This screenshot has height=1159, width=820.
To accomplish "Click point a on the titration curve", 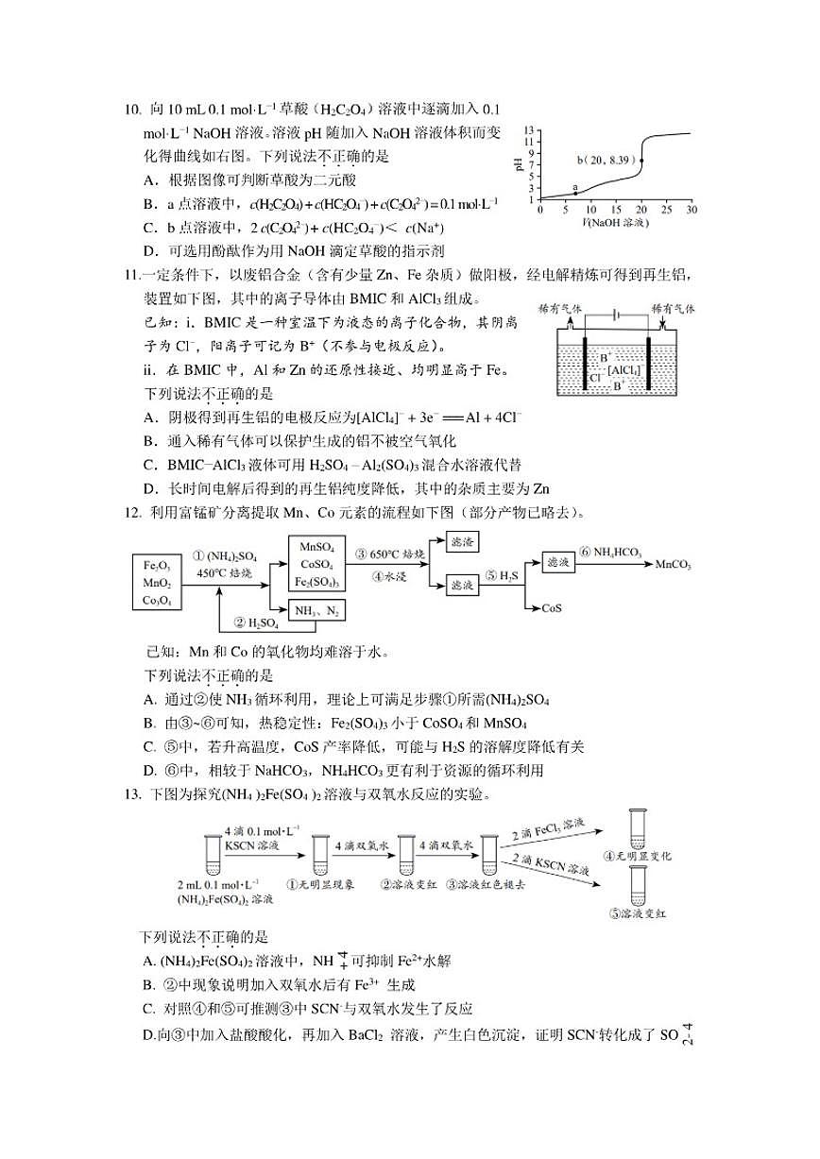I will pyautogui.click(x=575, y=194).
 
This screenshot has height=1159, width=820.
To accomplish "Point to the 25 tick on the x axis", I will pyautogui.click(x=666, y=209).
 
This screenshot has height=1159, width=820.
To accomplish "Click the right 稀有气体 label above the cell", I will pyautogui.click(x=674, y=308).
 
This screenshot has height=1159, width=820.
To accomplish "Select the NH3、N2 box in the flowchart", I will pyautogui.click(x=315, y=611).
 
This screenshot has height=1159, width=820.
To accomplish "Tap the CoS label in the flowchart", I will pyautogui.click(x=553, y=608).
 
